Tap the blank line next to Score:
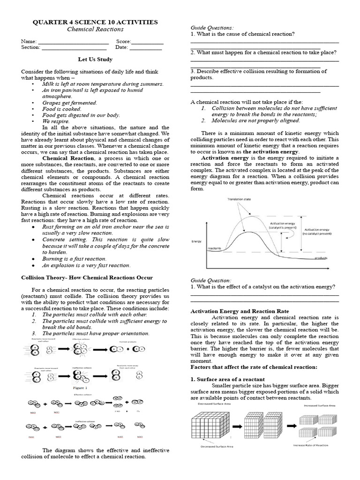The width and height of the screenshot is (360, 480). click(148, 42)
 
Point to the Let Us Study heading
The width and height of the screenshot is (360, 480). click(95, 60)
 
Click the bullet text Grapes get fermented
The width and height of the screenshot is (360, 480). click(69, 102)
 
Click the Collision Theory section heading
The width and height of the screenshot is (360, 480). click(87, 277)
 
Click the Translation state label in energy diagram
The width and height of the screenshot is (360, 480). click(239, 200)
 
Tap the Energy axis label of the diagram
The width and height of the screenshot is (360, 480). click(197, 241)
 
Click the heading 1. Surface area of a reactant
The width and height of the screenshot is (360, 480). click(227, 379)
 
